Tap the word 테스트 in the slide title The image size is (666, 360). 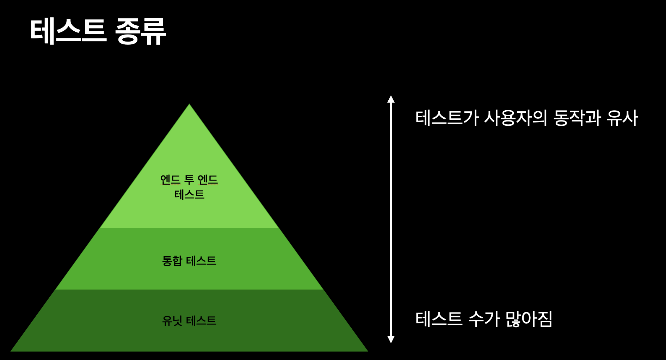coord(68,32)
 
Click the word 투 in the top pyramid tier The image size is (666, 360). coord(189,180)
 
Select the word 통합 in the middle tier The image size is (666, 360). coord(172,261)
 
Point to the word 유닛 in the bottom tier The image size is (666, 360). coord(172,321)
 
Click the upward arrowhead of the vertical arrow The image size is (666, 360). coord(391,99)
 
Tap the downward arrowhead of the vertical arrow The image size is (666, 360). coord(391,339)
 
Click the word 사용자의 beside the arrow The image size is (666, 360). coord(515,118)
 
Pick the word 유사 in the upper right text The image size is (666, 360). coord(622,118)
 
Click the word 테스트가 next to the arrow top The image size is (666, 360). coord(447,118)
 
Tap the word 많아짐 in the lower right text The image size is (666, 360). coord(529,319)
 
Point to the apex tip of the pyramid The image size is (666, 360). coord(189,104)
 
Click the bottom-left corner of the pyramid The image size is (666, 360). coord(12,351)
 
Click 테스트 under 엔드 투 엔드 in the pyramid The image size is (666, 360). coord(189,194)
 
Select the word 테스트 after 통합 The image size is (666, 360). coord(201,261)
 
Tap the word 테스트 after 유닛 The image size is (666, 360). coord(201,321)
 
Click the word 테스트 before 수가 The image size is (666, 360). coord(439,319)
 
